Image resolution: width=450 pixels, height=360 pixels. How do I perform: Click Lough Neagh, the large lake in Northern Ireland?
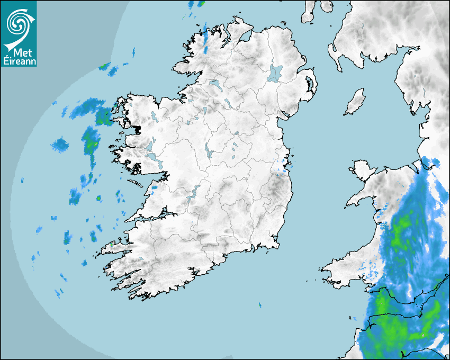275,73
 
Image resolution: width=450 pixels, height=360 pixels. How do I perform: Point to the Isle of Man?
355,102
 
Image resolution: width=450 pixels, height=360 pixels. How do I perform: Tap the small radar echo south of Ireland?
260,305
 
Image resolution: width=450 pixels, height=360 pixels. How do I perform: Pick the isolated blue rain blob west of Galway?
60,143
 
